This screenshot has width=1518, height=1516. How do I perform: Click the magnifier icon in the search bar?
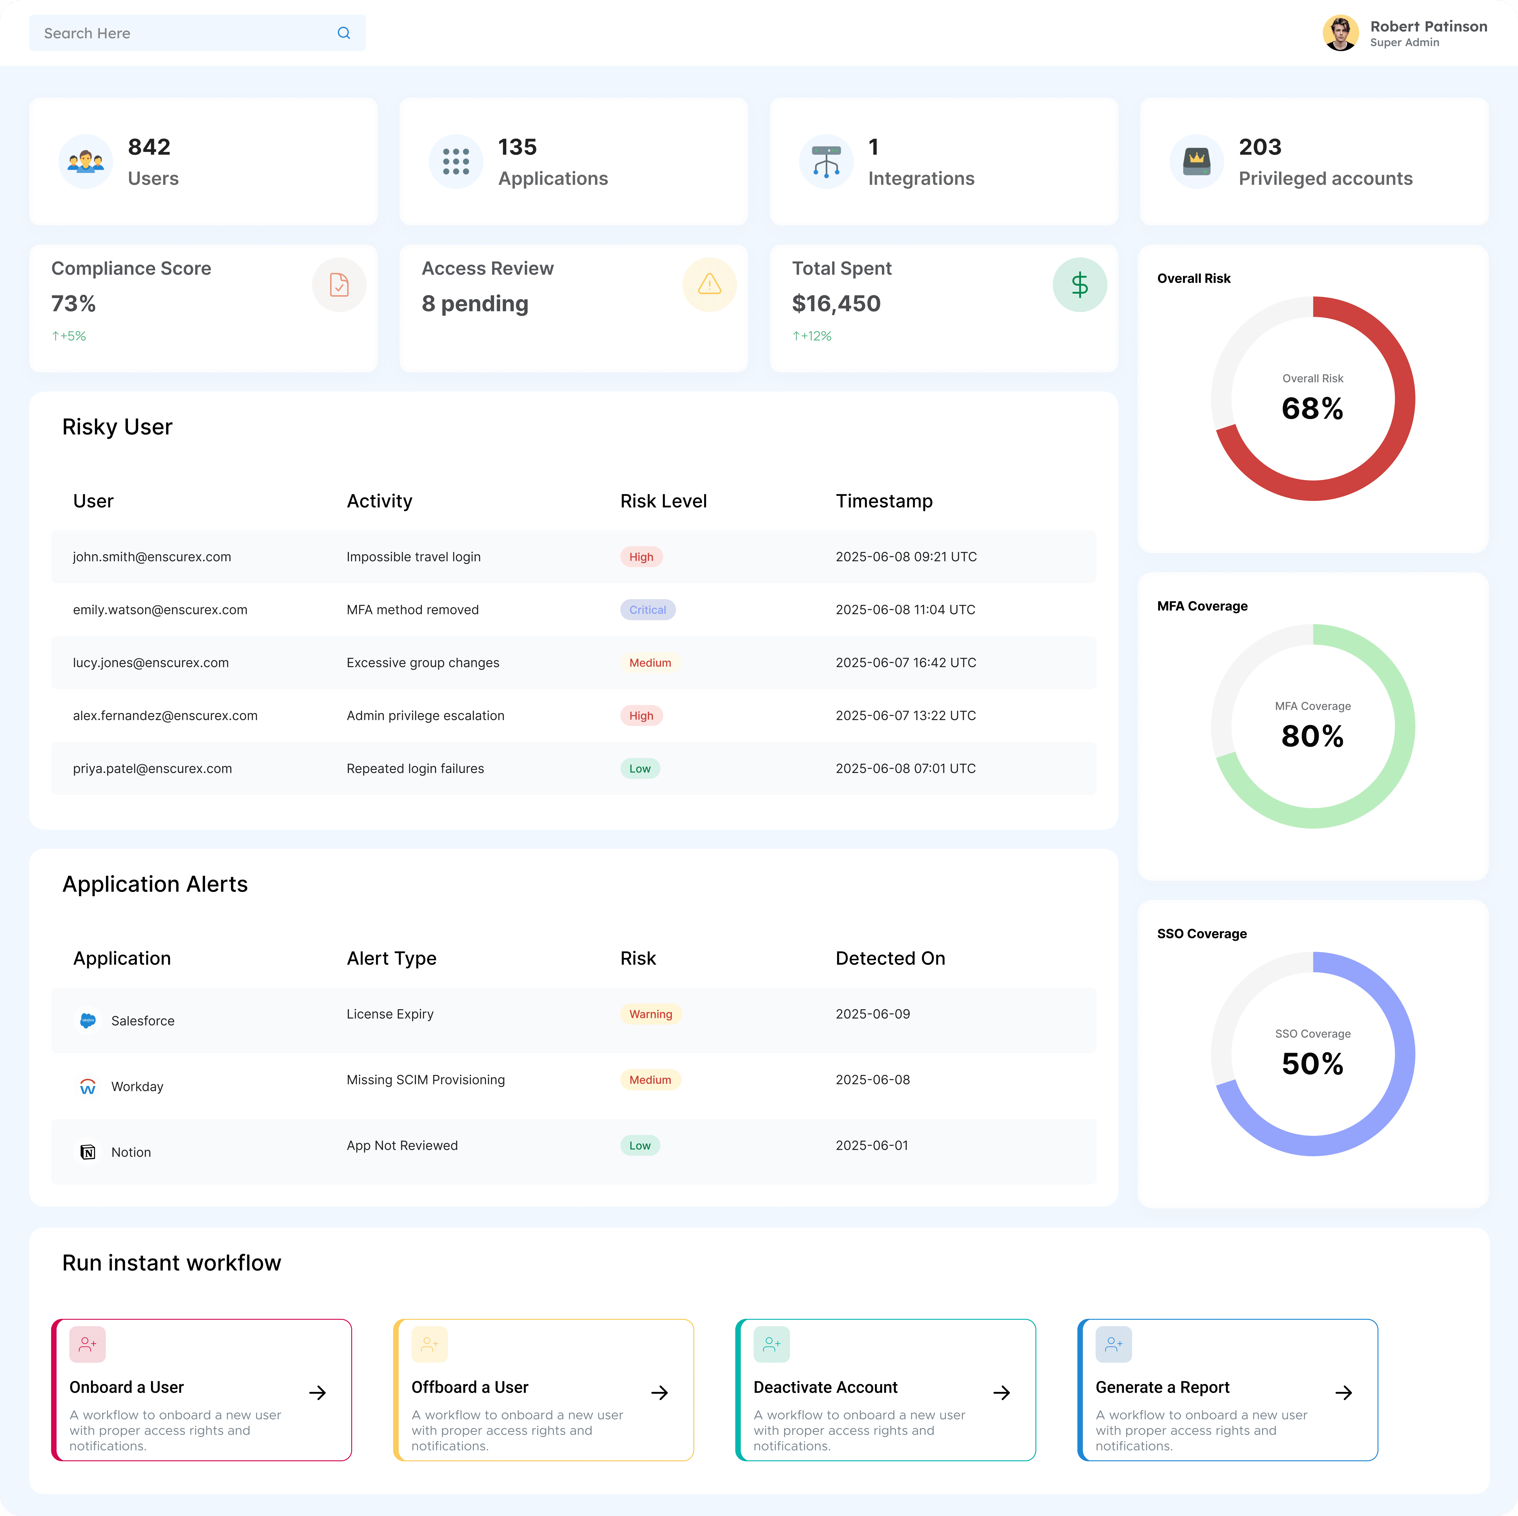point(343,33)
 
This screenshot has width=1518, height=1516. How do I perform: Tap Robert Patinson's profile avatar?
point(1340,33)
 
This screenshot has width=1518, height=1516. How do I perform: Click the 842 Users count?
point(149,147)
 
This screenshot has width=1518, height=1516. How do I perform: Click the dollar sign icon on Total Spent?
point(1080,285)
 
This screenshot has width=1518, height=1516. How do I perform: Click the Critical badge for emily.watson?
point(647,610)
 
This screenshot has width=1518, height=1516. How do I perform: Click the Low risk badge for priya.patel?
point(639,768)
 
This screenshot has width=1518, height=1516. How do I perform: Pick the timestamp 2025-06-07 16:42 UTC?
point(905,663)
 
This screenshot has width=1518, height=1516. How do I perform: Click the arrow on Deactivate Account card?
point(1001,1393)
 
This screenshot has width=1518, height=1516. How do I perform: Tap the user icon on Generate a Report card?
point(1113,1344)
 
